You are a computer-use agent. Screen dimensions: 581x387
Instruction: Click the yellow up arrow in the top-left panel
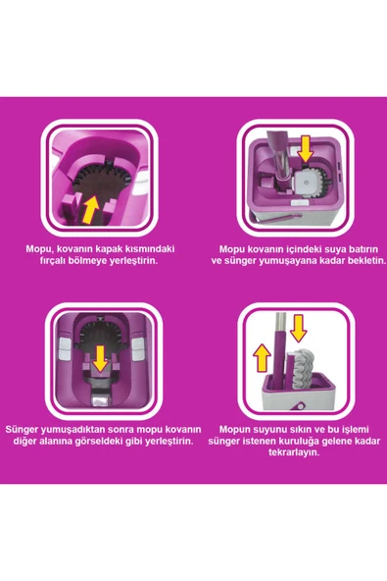click(x=91, y=207)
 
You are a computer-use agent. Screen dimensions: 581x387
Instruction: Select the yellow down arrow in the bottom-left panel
click(x=102, y=358)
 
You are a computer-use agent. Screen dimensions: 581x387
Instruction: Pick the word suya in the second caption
click(x=315, y=249)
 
